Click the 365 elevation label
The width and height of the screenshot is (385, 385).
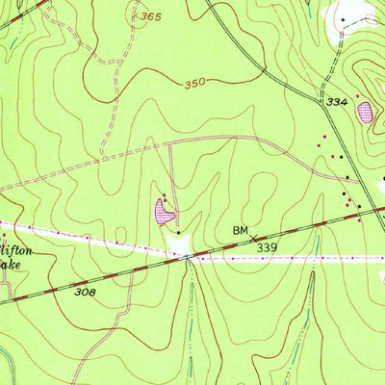click(149, 16)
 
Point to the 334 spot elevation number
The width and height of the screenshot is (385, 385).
click(336, 101)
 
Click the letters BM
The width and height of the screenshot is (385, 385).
click(242, 231)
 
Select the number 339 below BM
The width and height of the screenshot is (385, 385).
click(269, 247)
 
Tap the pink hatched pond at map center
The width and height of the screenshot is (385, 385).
click(164, 209)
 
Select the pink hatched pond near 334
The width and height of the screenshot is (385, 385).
click(366, 113)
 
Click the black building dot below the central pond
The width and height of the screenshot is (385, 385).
click(177, 231)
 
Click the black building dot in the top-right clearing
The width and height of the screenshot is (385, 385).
click(342, 18)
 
